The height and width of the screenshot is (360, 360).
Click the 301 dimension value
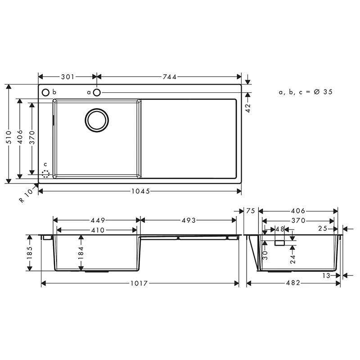coord(67,77)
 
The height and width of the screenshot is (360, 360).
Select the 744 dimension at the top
coord(170,77)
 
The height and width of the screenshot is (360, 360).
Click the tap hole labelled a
coord(97,92)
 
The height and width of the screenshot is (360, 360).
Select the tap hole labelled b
coord(45,92)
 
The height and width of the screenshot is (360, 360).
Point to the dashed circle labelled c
coord(45,173)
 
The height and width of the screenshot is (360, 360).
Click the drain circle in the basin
coord(97,120)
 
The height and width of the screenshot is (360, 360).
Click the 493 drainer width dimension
coord(189,220)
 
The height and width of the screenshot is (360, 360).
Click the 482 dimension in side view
coord(294,283)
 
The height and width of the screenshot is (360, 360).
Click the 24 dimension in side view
coord(293,259)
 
